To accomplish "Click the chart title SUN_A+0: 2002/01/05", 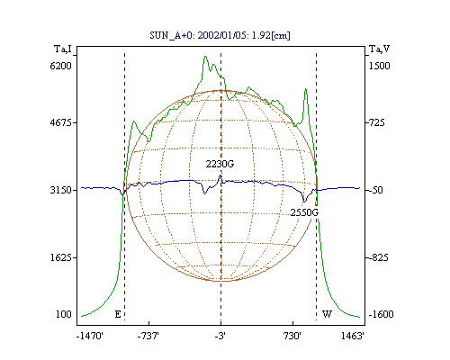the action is pyautogui.click(x=195, y=35).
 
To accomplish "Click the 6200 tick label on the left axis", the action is pyautogui.click(x=60, y=66).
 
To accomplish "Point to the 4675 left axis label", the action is pyautogui.click(x=60, y=122).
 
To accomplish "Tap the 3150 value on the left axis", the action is pyautogui.click(x=60, y=190).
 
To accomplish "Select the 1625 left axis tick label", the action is pyautogui.click(x=61, y=257).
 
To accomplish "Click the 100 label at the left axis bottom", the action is pyautogui.click(x=64, y=314).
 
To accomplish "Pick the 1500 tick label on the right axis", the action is pyautogui.click(x=380, y=66).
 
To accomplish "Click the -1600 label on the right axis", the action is pyautogui.click(x=381, y=314).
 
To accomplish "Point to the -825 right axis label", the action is pyautogui.click(x=378, y=257).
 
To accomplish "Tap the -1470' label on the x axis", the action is pyautogui.click(x=90, y=336).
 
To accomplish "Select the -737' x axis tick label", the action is pyautogui.click(x=148, y=336).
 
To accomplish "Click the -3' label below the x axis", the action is pyautogui.click(x=220, y=336).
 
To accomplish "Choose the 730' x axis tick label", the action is pyautogui.click(x=292, y=336).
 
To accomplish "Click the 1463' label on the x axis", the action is pyautogui.click(x=353, y=336).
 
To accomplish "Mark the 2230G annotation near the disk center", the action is pyautogui.click(x=220, y=164).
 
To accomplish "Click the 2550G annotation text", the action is pyautogui.click(x=304, y=212).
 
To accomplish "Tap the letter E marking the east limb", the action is pyautogui.click(x=118, y=314).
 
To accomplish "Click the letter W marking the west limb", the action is pyautogui.click(x=327, y=314).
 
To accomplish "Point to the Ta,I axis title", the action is pyautogui.click(x=63, y=49).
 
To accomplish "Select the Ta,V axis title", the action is pyautogui.click(x=379, y=49).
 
